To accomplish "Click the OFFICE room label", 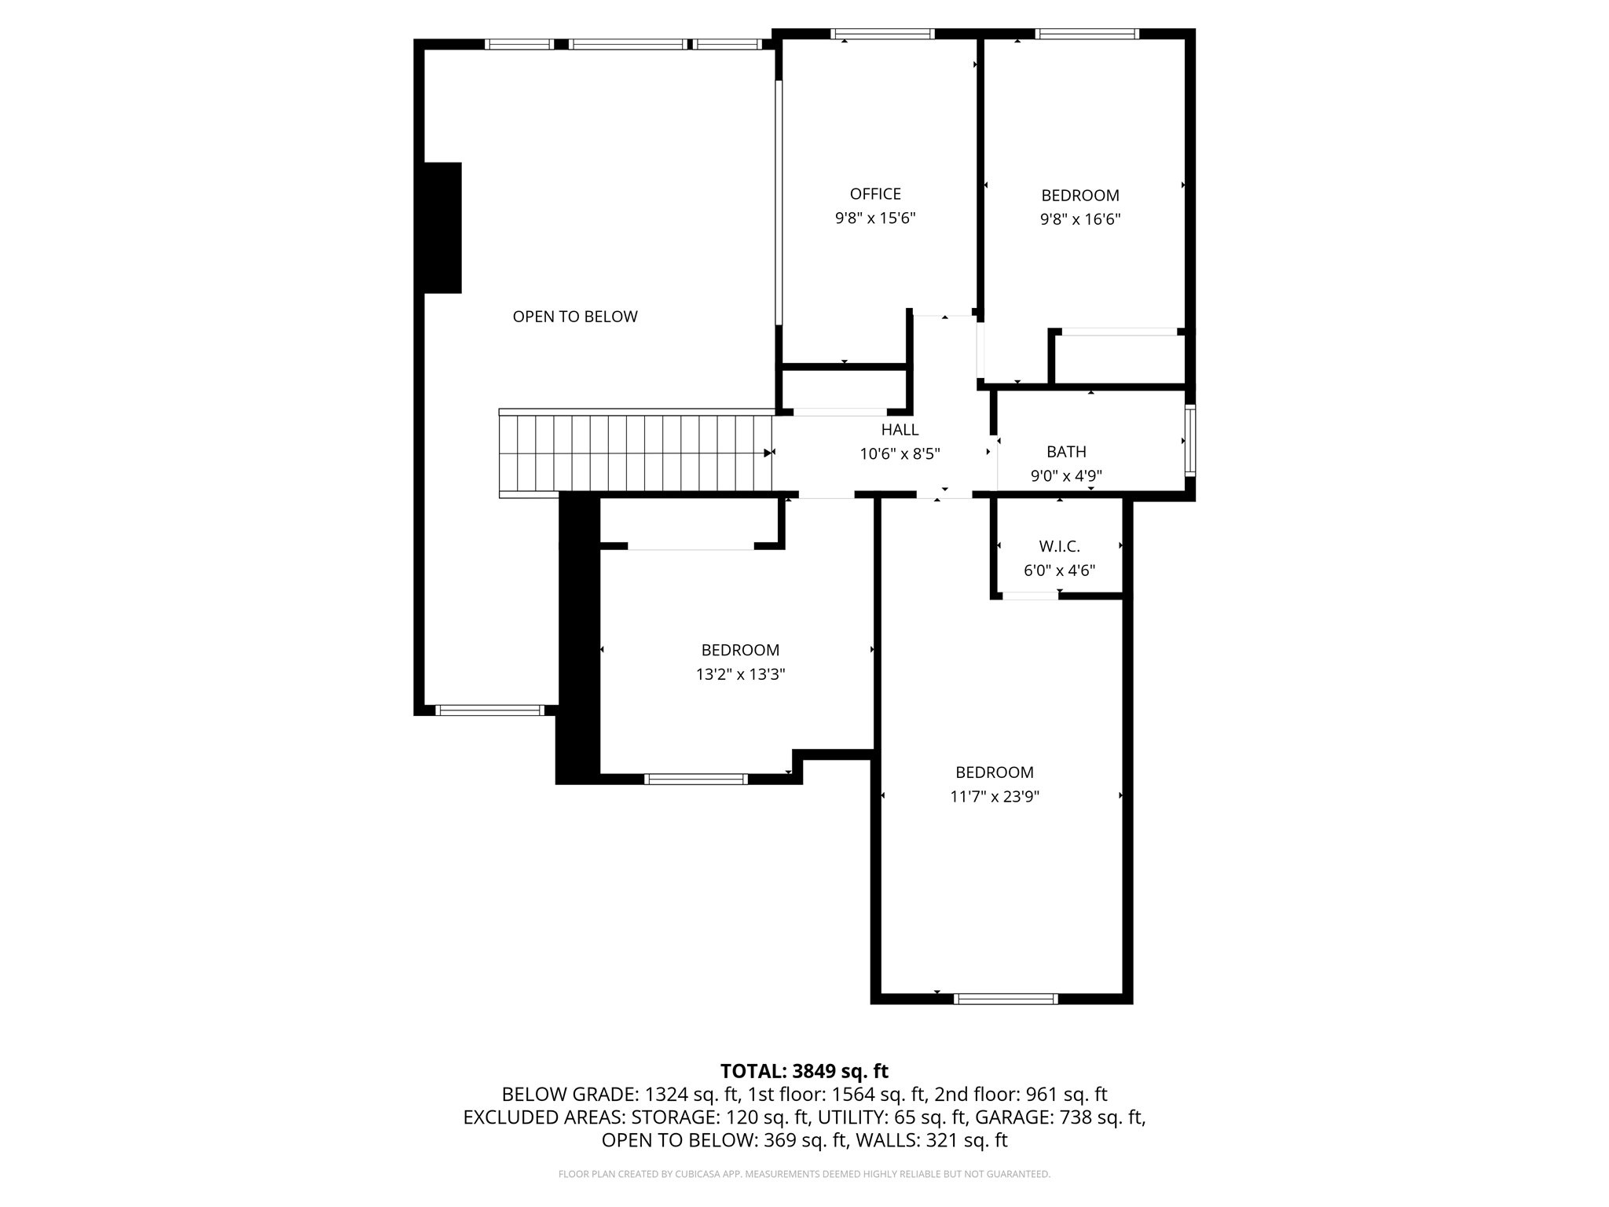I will click(x=875, y=194).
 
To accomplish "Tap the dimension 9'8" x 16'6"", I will click(x=1080, y=219).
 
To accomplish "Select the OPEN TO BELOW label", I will click(x=575, y=317).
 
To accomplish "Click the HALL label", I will click(x=900, y=430).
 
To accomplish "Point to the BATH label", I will click(x=1066, y=452).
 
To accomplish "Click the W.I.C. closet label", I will click(x=1059, y=546).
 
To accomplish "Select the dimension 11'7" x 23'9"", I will click(x=995, y=797).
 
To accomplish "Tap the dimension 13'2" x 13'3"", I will click(x=740, y=674).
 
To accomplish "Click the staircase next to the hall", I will click(x=636, y=453).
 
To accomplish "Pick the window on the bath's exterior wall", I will click(x=1190, y=440).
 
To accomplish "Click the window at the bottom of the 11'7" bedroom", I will click(x=1006, y=999).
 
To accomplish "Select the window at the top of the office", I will click(x=883, y=34).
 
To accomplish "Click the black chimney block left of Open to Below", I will click(x=442, y=228).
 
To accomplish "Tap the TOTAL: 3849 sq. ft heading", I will click(x=804, y=1071).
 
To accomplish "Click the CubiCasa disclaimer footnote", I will click(x=804, y=1174).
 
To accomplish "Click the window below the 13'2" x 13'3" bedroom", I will click(x=695, y=779).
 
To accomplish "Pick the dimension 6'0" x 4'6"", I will click(x=1059, y=570).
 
